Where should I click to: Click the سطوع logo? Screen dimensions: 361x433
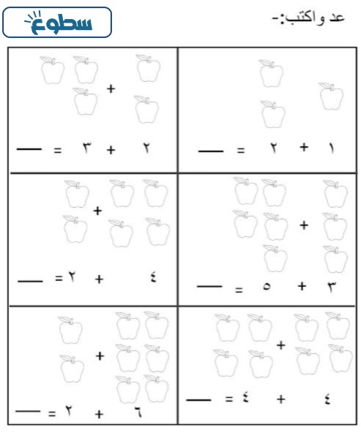coord(57,23)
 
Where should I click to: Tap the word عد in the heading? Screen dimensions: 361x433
coord(336,18)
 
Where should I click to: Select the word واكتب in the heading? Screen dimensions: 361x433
coord(304,18)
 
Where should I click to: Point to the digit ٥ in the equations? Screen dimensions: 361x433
coord(267,286)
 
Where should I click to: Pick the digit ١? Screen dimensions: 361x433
coord(332,148)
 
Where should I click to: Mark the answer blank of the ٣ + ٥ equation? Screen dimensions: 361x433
coord(209,287)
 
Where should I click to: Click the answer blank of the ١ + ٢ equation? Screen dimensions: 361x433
coord(211,151)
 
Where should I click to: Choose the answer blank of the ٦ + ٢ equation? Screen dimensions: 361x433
coord(28,411)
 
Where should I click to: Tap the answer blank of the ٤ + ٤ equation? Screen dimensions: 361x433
coord(198,399)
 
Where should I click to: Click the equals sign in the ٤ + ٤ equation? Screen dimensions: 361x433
coord(229,399)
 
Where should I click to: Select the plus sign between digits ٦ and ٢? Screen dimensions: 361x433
coord(99,414)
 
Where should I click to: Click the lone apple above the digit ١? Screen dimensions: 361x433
coord(331,96)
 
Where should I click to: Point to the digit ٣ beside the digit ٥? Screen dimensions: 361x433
coord(332,287)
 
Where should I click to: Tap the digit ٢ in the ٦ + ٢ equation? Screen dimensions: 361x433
coord(68,410)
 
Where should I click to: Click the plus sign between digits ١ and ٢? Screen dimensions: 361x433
coord(304,147)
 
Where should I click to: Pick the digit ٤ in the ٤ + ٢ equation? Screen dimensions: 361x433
coord(154,277)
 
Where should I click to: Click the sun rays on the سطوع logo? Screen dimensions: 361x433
coord(33,17)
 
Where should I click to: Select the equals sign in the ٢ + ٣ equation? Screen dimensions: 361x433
coord(57,150)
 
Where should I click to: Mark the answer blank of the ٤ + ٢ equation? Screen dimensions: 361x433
coord(30,281)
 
